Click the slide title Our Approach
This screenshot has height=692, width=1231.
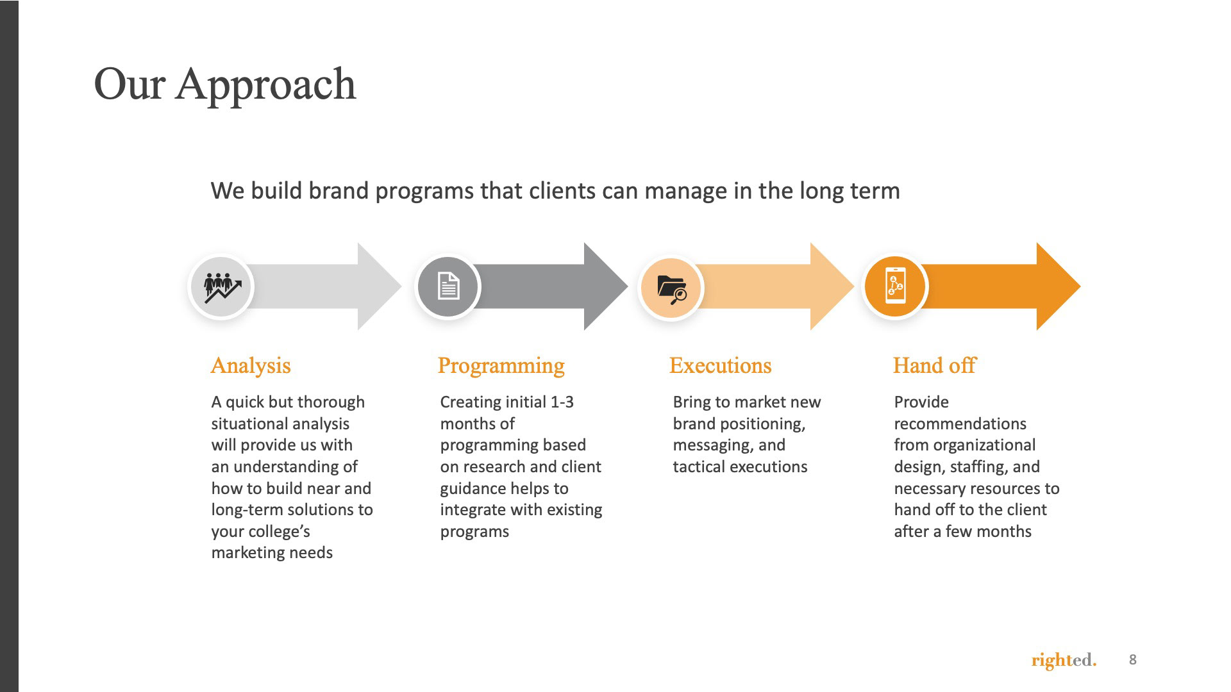(224, 85)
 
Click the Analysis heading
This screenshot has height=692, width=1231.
(251, 366)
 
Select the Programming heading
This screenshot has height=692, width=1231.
(501, 366)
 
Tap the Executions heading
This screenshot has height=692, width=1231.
(720, 365)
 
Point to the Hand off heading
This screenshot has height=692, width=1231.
(934, 365)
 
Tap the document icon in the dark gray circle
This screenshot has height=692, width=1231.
(448, 286)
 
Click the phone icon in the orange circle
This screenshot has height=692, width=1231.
(895, 285)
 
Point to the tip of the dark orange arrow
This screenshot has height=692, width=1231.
(1080, 286)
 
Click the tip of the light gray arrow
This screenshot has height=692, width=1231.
(401, 286)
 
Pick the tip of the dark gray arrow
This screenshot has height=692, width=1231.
(628, 286)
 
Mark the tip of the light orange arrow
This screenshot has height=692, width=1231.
(854, 286)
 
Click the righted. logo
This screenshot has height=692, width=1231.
(1064, 660)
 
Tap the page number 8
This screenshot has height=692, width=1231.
(1133, 660)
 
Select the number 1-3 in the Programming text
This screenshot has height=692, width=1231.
(562, 402)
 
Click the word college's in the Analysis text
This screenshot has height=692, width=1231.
(279, 532)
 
